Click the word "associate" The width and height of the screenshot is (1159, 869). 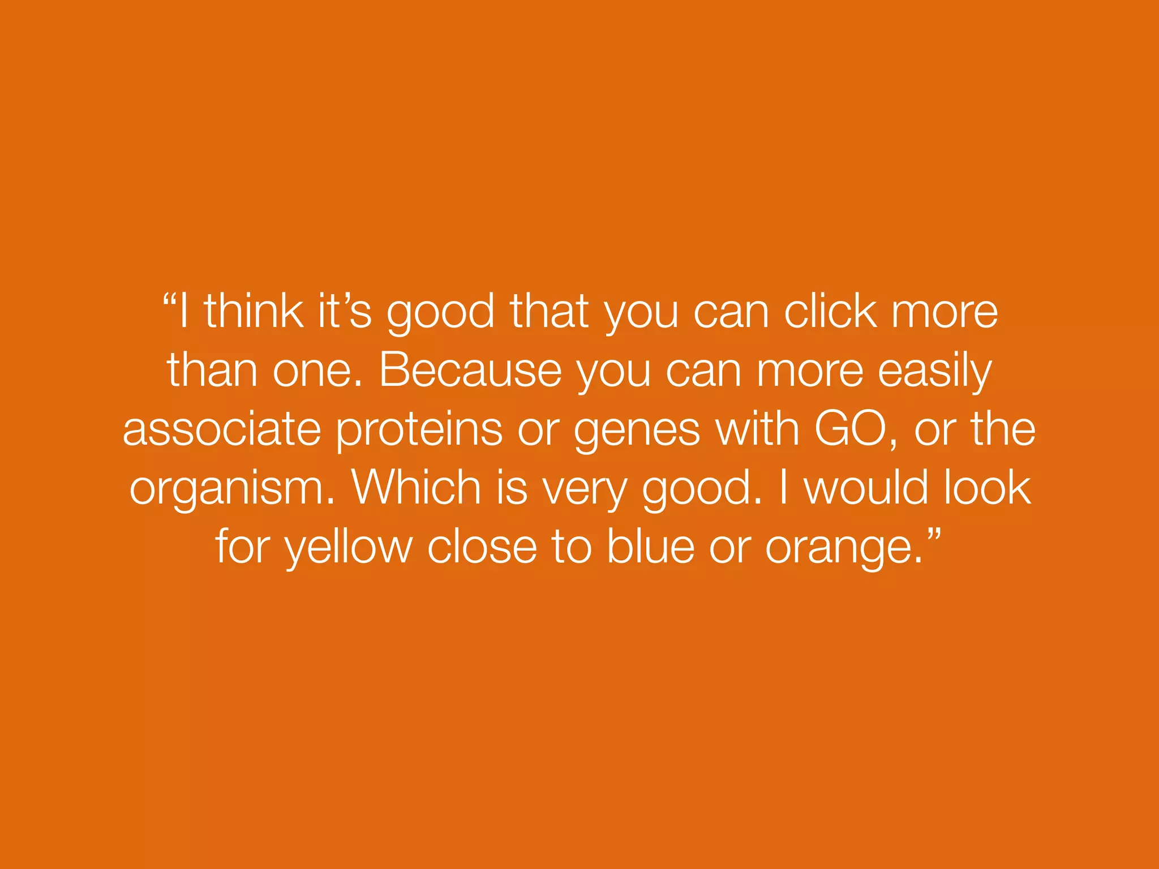(x=222, y=429)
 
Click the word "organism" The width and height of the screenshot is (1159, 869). (x=229, y=489)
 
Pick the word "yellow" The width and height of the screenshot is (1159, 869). (x=349, y=548)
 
